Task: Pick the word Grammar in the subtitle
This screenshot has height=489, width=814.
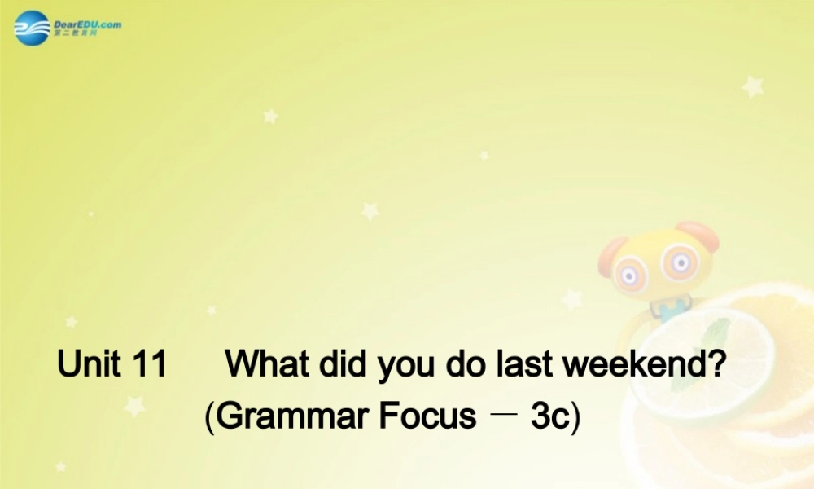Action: coord(295,416)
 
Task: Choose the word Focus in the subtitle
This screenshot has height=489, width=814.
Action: coord(427,416)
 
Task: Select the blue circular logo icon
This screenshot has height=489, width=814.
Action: coord(33,29)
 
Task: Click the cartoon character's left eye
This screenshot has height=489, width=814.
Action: coord(629,273)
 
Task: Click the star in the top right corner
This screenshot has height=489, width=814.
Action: coord(752,86)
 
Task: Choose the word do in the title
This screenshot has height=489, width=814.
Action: coord(465,363)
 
